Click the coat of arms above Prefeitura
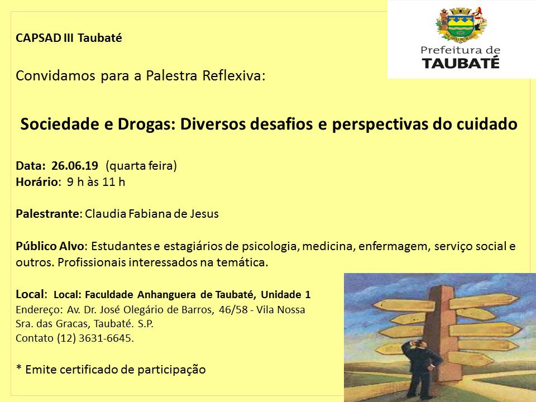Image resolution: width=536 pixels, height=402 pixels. pos(461,25)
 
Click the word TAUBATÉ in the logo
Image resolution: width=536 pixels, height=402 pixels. pos(461,63)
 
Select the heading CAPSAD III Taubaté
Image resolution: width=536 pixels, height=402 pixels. pos(69,39)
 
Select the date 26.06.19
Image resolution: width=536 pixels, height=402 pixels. pos(75,165)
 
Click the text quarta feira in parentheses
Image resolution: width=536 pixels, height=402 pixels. pos(141,165)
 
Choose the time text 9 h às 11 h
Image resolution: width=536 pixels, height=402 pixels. pos(96,181)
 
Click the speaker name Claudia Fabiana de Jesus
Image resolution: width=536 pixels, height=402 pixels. pos(151,214)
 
